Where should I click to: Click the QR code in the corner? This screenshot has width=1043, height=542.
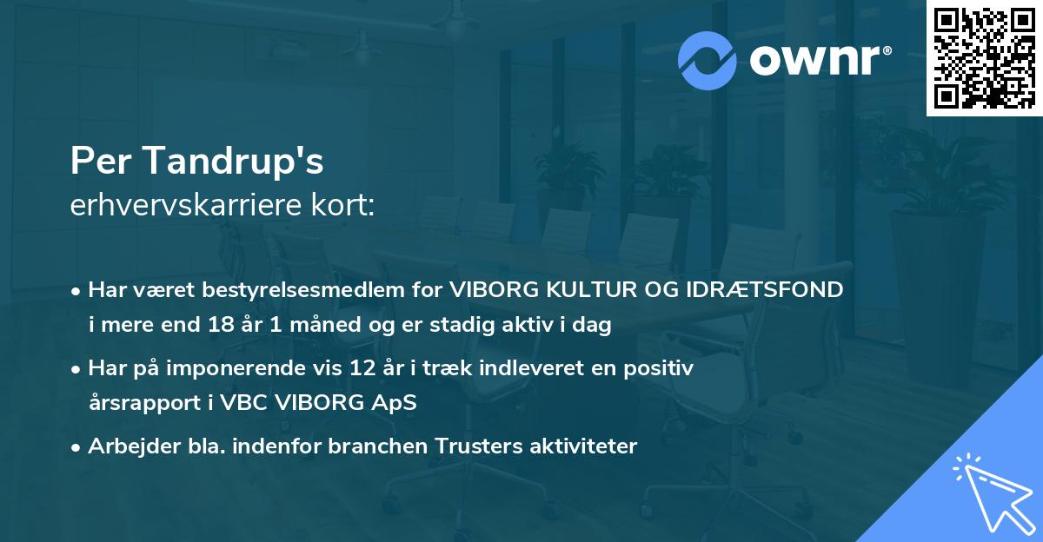pos(985,57)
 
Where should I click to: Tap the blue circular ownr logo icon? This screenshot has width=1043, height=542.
pos(708,61)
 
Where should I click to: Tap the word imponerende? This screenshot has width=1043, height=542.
pos(261,368)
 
